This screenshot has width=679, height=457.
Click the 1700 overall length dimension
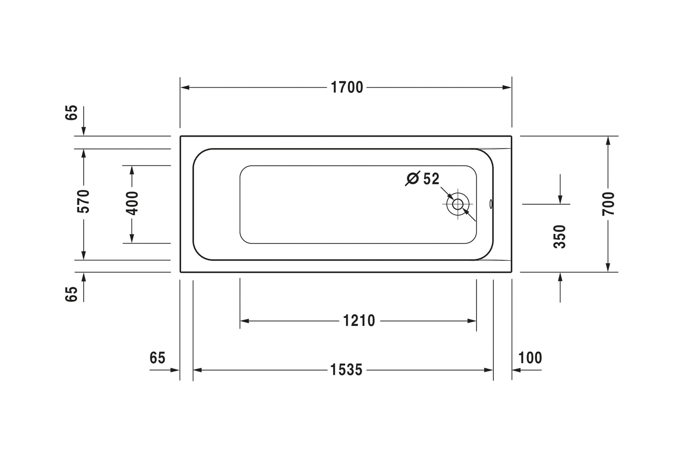pos(347,87)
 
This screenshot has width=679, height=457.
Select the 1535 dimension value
pos(346,370)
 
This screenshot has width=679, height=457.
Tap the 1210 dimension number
pos(359,321)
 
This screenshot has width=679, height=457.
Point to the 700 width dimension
pos(608,204)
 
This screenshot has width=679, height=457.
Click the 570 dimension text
pos(83,202)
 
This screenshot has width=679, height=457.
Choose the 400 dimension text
pos(132,203)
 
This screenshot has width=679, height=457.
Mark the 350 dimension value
pos(559,237)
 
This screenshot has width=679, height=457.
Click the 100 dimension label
pos(530,358)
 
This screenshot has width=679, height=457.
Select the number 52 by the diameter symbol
pos(431,179)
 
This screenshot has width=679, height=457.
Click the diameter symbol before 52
pos(413,178)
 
